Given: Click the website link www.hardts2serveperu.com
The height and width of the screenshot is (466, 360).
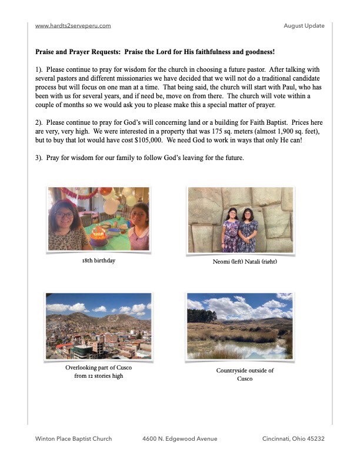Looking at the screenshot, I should [x=73, y=26].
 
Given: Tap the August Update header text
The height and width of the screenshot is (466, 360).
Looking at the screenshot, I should [x=304, y=26].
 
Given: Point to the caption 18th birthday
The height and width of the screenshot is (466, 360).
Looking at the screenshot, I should [x=98, y=260].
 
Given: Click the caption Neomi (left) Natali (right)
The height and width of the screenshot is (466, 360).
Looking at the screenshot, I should [x=244, y=261].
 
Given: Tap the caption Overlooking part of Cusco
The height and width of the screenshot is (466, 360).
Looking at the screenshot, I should [x=98, y=368].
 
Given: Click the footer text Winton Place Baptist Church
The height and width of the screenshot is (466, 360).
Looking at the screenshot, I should [x=74, y=439].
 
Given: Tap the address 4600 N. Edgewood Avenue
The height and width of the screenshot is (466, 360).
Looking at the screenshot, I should [x=180, y=439].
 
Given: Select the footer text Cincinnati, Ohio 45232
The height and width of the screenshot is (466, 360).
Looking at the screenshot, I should [x=294, y=439].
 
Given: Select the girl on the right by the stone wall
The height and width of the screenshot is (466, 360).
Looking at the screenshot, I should [x=248, y=230].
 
